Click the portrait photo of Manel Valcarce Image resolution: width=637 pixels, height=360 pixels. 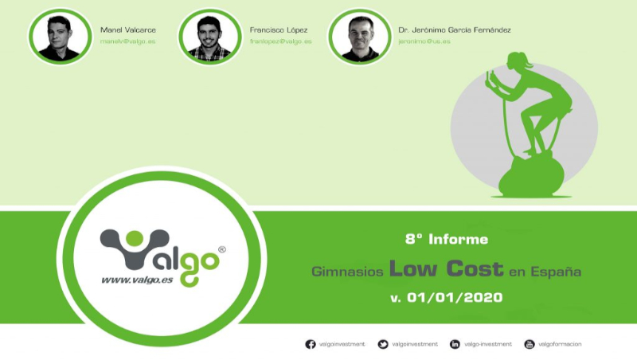(x=59, y=37)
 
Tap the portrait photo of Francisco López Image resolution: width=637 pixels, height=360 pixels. (x=209, y=37)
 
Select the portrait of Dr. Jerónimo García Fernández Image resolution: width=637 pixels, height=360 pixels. (x=359, y=37)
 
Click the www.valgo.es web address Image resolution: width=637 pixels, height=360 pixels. (x=135, y=280)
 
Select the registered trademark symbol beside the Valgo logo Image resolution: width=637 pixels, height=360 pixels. (x=222, y=248)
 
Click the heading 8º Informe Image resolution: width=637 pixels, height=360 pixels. (x=446, y=238)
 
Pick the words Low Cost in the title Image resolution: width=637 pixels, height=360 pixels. (x=446, y=268)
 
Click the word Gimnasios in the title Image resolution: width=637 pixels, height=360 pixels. (x=347, y=272)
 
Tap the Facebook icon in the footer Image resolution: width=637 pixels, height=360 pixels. (x=311, y=344)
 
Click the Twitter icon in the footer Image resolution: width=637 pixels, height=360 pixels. (x=383, y=344)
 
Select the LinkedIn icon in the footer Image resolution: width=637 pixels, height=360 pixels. (x=455, y=344)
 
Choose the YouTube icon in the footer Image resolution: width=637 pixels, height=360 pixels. (x=529, y=344)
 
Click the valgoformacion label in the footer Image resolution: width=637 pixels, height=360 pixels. (x=560, y=344)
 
